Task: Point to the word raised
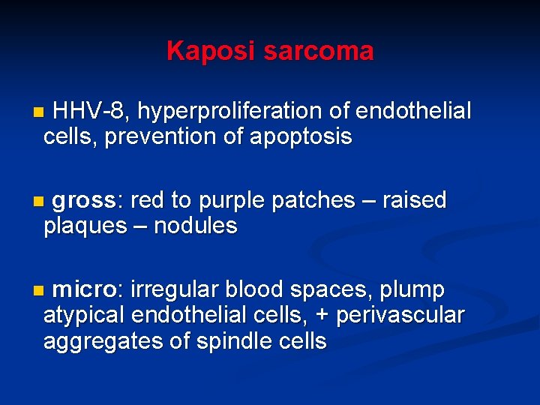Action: coord(414,201)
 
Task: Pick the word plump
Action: coord(412,289)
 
